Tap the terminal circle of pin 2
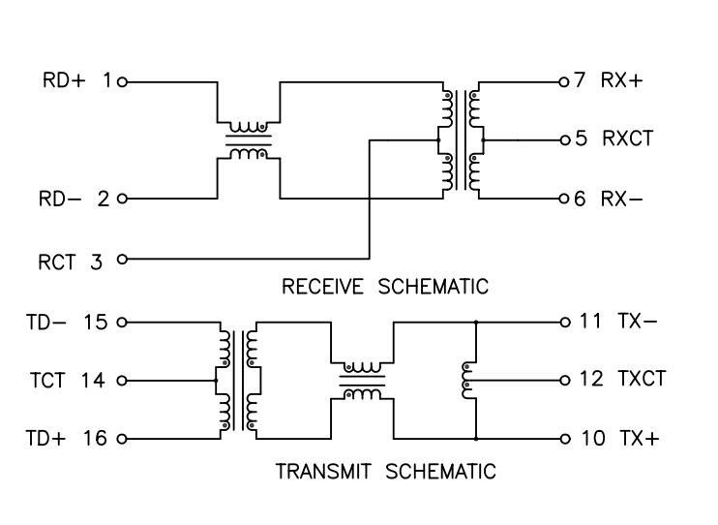coord(122,200)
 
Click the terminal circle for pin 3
coord(122,259)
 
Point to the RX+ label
coord(621,80)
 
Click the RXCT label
coord(626,139)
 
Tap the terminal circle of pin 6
coord(561,200)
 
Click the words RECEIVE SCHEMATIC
coord(384,286)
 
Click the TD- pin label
coord(45,322)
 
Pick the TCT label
coord(45,380)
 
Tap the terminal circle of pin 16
coord(122,439)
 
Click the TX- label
coord(637,322)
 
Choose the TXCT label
coord(642,380)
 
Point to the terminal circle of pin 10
coord(561,439)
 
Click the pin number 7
coord(579,80)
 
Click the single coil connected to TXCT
coord(468,380)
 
